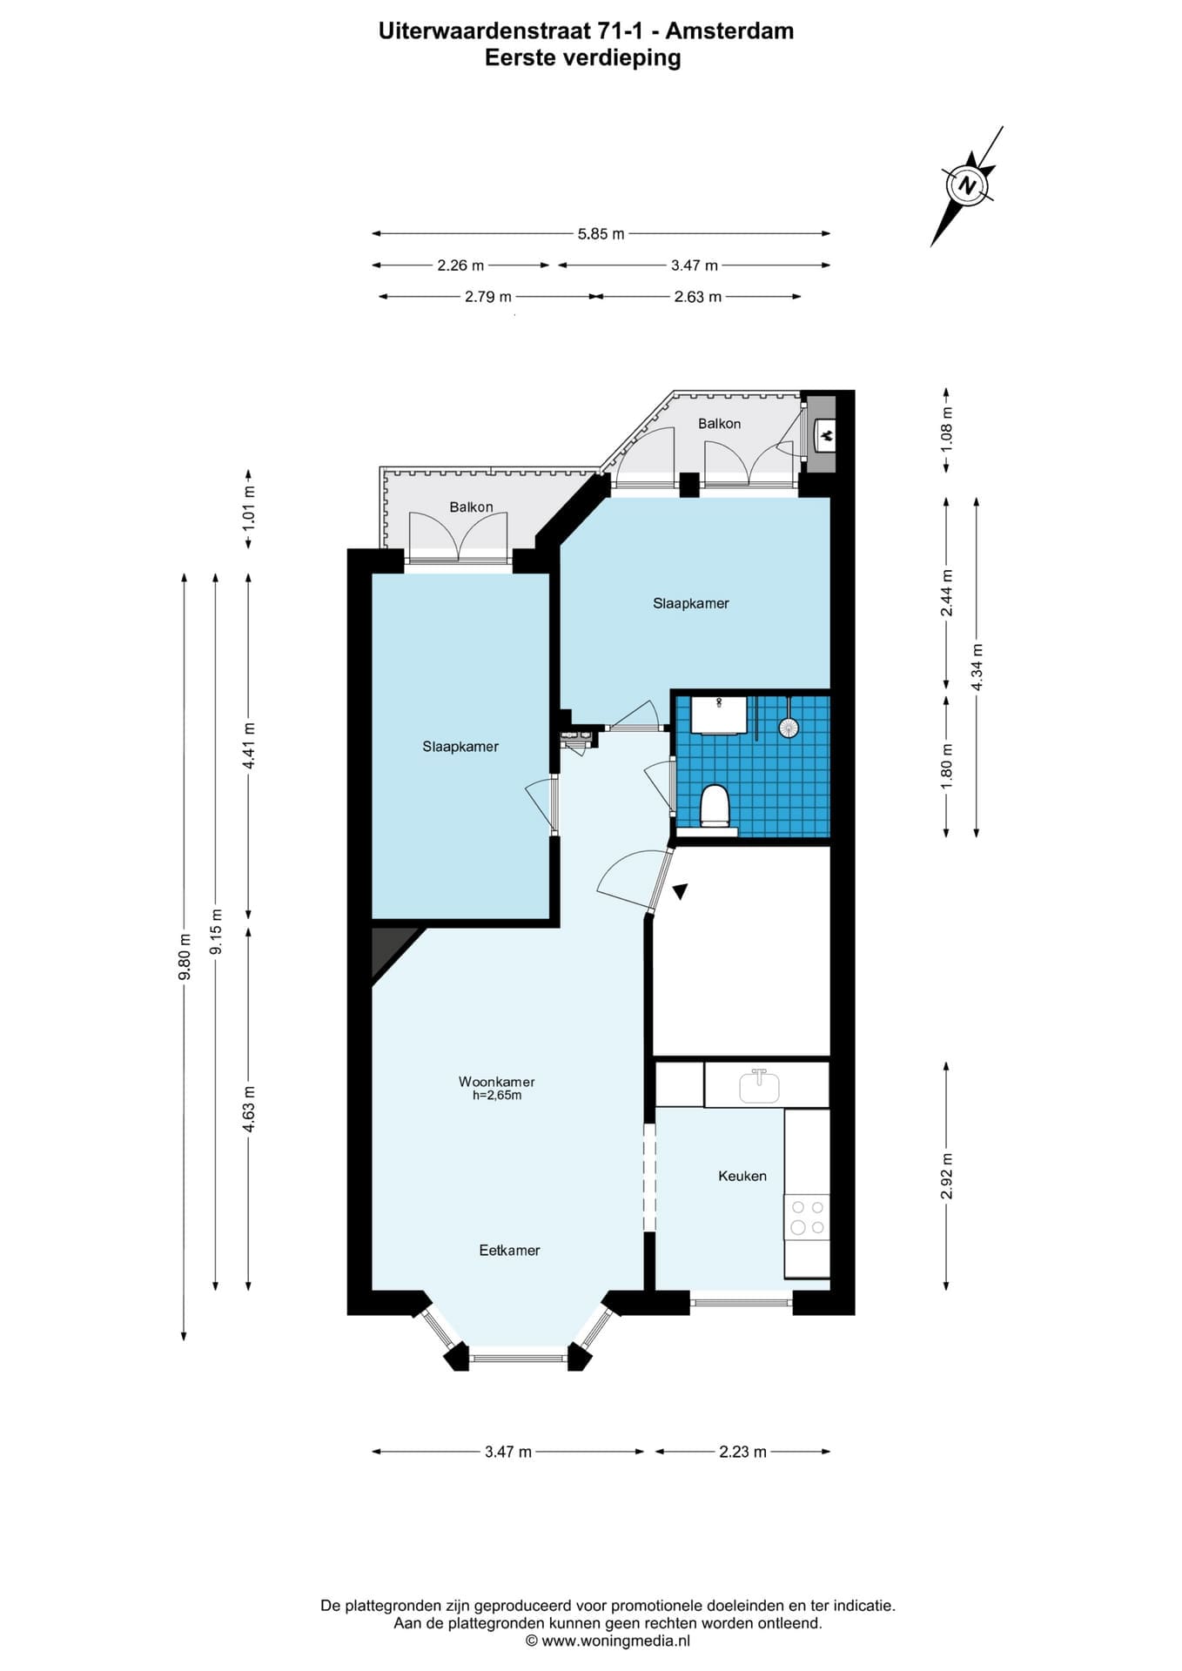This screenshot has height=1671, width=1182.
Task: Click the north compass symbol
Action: [967, 185]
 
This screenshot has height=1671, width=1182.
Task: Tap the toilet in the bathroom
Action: [715, 805]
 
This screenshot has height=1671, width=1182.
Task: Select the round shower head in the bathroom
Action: [789, 728]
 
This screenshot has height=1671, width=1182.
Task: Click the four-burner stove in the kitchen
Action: [806, 1217]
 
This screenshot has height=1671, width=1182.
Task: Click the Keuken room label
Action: [742, 1176]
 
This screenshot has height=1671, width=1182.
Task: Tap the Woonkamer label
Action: [497, 1082]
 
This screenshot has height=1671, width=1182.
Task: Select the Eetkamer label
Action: [509, 1250]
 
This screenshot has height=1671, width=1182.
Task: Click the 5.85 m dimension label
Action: [601, 233]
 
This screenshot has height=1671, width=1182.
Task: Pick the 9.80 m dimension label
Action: [184, 956]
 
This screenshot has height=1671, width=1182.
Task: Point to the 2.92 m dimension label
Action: [947, 1176]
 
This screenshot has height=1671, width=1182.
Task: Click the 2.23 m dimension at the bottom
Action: [743, 1452]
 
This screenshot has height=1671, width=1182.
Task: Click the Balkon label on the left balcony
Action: [471, 507]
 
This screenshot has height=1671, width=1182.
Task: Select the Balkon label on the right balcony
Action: [720, 423]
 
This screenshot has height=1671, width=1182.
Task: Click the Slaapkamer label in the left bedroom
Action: [460, 746]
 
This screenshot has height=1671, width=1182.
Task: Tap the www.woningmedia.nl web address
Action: [616, 1641]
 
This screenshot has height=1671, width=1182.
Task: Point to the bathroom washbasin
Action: [719, 715]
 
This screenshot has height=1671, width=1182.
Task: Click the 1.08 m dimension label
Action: [947, 428]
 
